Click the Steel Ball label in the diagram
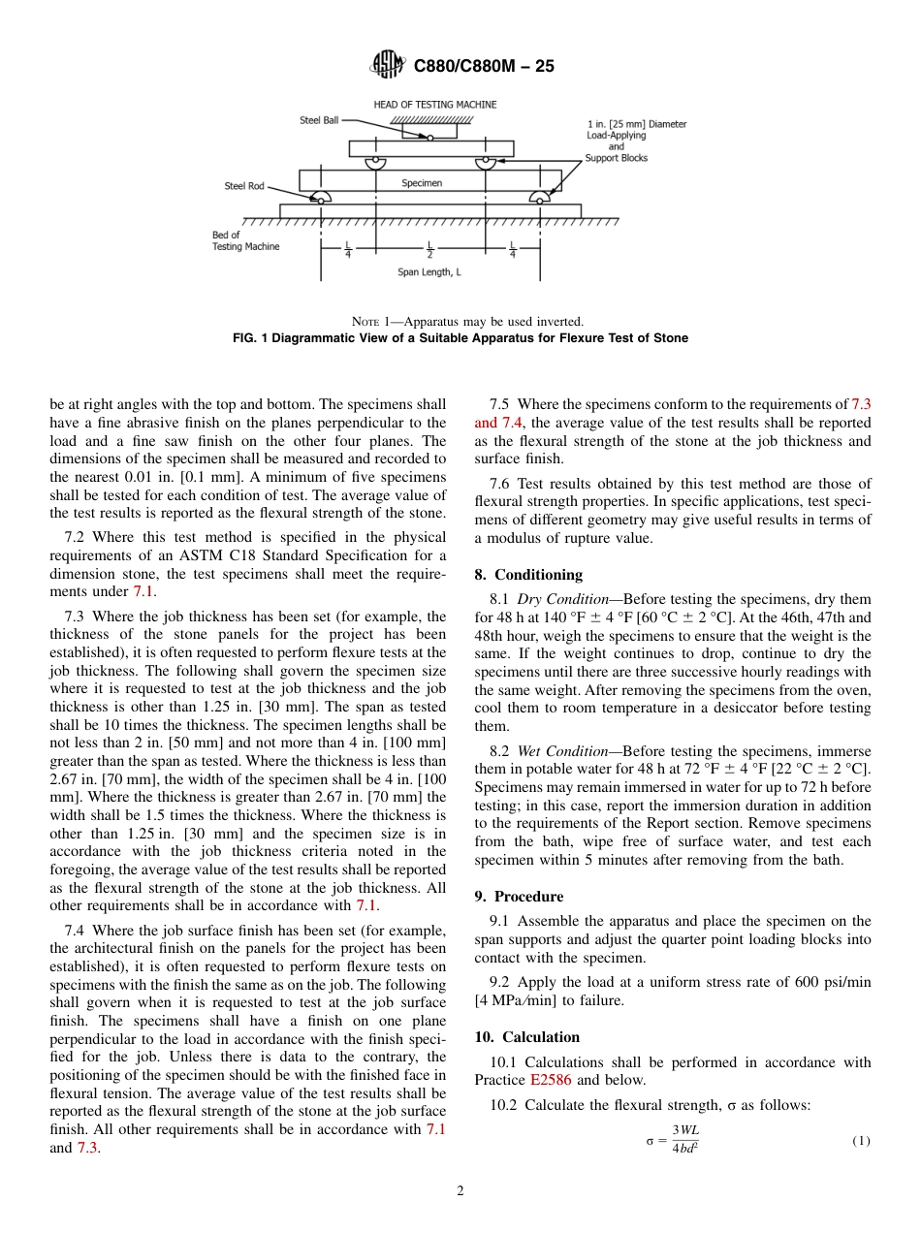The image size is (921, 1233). pyautogui.click(x=319, y=120)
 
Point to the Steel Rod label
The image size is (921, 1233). pyautogui.click(x=244, y=186)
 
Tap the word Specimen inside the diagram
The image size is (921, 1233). pyautogui.click(x=422, y=182)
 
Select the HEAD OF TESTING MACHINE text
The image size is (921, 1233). pyautogui.click(x=435, y=105)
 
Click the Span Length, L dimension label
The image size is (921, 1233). pyautogui.click(x=429, y=272)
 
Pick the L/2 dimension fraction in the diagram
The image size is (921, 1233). pyautogui.click(x=429, y=249)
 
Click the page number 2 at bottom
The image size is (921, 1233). pyautogui.click(x=460, y=1191)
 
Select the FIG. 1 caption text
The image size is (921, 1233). pyautogui.click(x=460, y=338)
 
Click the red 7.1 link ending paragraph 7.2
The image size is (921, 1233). pyautogui.click(x=143, y=591)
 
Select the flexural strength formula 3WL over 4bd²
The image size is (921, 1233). pyautogui.click(x=685, y=1140)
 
